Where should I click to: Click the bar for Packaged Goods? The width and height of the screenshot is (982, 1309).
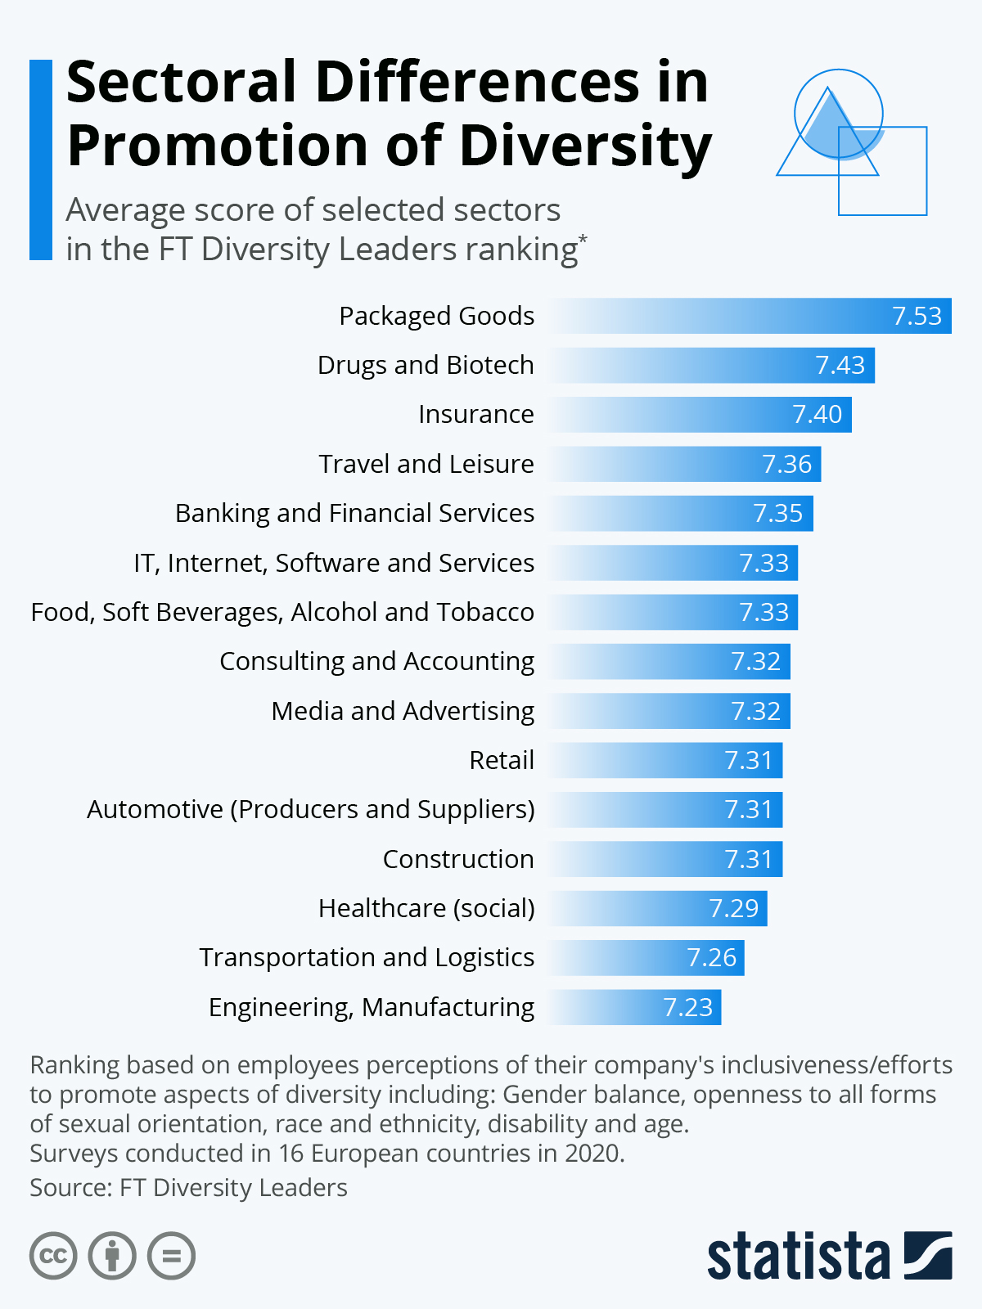tap(749, 316)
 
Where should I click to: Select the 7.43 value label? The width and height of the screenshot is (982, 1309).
tap(840, 365)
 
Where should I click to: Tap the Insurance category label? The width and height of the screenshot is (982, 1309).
tap(475, 415)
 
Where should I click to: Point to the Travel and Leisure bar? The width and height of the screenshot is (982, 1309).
tap(684, 464)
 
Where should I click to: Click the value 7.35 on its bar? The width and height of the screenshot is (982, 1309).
tap(777, 514)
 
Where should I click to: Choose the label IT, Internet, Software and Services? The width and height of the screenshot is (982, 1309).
tap(334, 563)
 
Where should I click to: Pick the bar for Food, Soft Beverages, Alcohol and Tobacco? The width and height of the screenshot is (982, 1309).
tap(673, 612)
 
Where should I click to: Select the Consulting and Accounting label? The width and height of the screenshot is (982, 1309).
tap(376, 661)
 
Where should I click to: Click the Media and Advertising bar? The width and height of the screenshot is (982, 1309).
tap(669, 711)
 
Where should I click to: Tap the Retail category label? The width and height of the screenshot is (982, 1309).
tap(501, 760)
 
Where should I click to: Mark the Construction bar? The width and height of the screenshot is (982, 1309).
tap(665, 859)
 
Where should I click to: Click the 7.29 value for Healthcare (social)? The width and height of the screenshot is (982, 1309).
tap(733, 908)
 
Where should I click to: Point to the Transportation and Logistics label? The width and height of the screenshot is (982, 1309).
tap(367, 957)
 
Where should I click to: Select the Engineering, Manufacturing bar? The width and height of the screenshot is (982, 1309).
tap(635, 1007)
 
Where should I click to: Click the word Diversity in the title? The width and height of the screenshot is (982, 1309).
tap(585, 147)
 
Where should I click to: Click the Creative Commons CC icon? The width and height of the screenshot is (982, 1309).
tap(53, 1256)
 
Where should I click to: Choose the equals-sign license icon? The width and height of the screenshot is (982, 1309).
tap(172, 1256)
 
